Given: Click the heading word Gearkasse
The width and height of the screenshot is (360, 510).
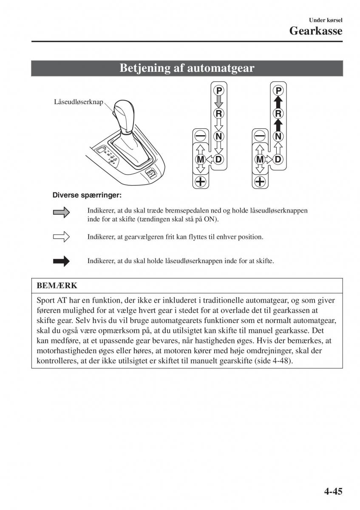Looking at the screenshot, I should tap(316, 31).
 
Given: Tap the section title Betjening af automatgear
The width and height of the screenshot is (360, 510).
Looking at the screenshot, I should tap(187, 68).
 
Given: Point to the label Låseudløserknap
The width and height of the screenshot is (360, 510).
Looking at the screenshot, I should tap(79, 102).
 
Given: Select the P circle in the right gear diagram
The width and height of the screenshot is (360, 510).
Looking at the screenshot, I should tap(278, 91).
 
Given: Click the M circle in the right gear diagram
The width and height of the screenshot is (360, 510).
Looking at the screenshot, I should tap(259, 159).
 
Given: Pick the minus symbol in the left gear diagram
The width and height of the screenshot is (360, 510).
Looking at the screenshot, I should tap(200, 136).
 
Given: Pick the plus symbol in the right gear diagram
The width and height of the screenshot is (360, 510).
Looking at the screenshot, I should tap(259, 182).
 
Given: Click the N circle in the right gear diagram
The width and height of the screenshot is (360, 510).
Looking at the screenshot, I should tap(278, 136).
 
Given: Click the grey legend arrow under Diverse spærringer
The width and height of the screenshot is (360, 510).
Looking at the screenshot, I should tap(61, 213).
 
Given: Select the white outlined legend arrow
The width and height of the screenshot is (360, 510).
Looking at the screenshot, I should tap(61, 237).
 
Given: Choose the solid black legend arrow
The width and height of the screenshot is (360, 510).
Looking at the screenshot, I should tap(61, 261).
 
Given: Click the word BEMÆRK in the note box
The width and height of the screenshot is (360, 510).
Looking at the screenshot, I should tap(57, 285).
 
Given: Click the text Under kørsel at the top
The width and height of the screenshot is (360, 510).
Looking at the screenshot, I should tap(326, 20).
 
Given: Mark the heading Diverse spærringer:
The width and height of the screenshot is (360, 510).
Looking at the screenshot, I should tap(87, 195).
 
